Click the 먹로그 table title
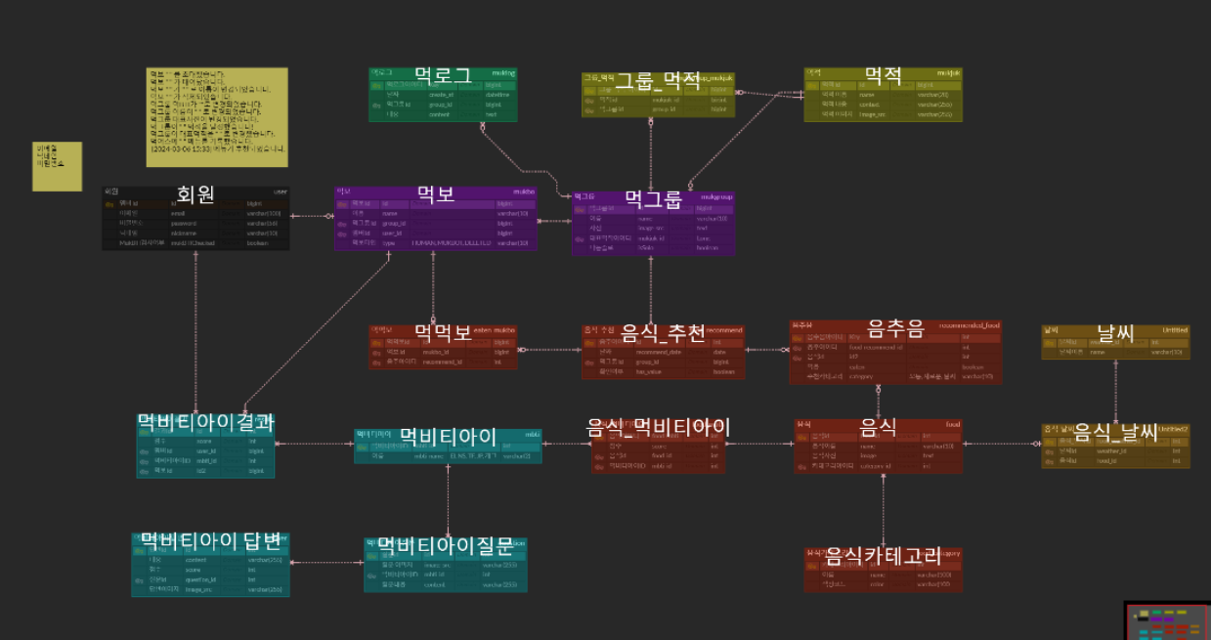[443, 75]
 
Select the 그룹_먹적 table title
[657, 81]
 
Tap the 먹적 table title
[883, 75]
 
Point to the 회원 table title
[195, 193]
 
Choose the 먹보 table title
[435, 193]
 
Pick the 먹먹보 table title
[443, 332]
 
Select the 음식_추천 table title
[663, 332]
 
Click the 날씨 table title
[1115, 332]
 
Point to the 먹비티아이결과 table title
[205, 422]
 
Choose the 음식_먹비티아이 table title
[658, 427]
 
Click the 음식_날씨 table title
[1115, 431]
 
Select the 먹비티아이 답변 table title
[210, 540]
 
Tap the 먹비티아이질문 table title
[445, 545]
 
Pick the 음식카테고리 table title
[883, 556]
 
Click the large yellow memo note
[217, 117]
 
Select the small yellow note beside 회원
[58, 166]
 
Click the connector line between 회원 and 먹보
[312, 216]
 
